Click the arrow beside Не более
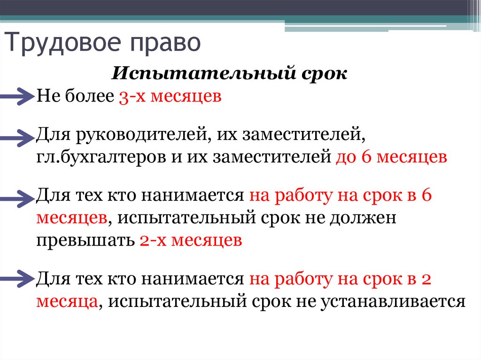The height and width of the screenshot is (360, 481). coord(18,96)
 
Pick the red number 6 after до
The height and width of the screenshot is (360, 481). coord(367,156)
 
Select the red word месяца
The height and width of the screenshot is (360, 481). coord(66,300)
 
